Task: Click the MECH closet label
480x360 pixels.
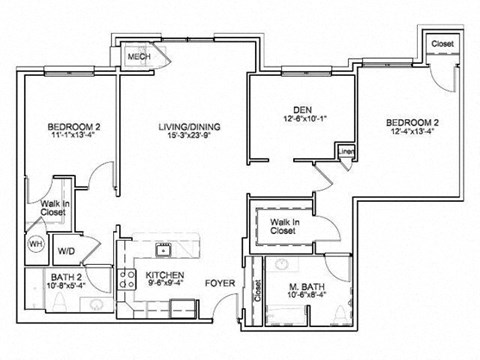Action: click(138, 58)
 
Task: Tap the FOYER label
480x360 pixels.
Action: click(220, 283)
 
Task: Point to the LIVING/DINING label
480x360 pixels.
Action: click(188, 127)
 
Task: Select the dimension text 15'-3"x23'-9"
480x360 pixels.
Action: click(188, 138)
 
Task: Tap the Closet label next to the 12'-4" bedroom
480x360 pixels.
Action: click(440, 44)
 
